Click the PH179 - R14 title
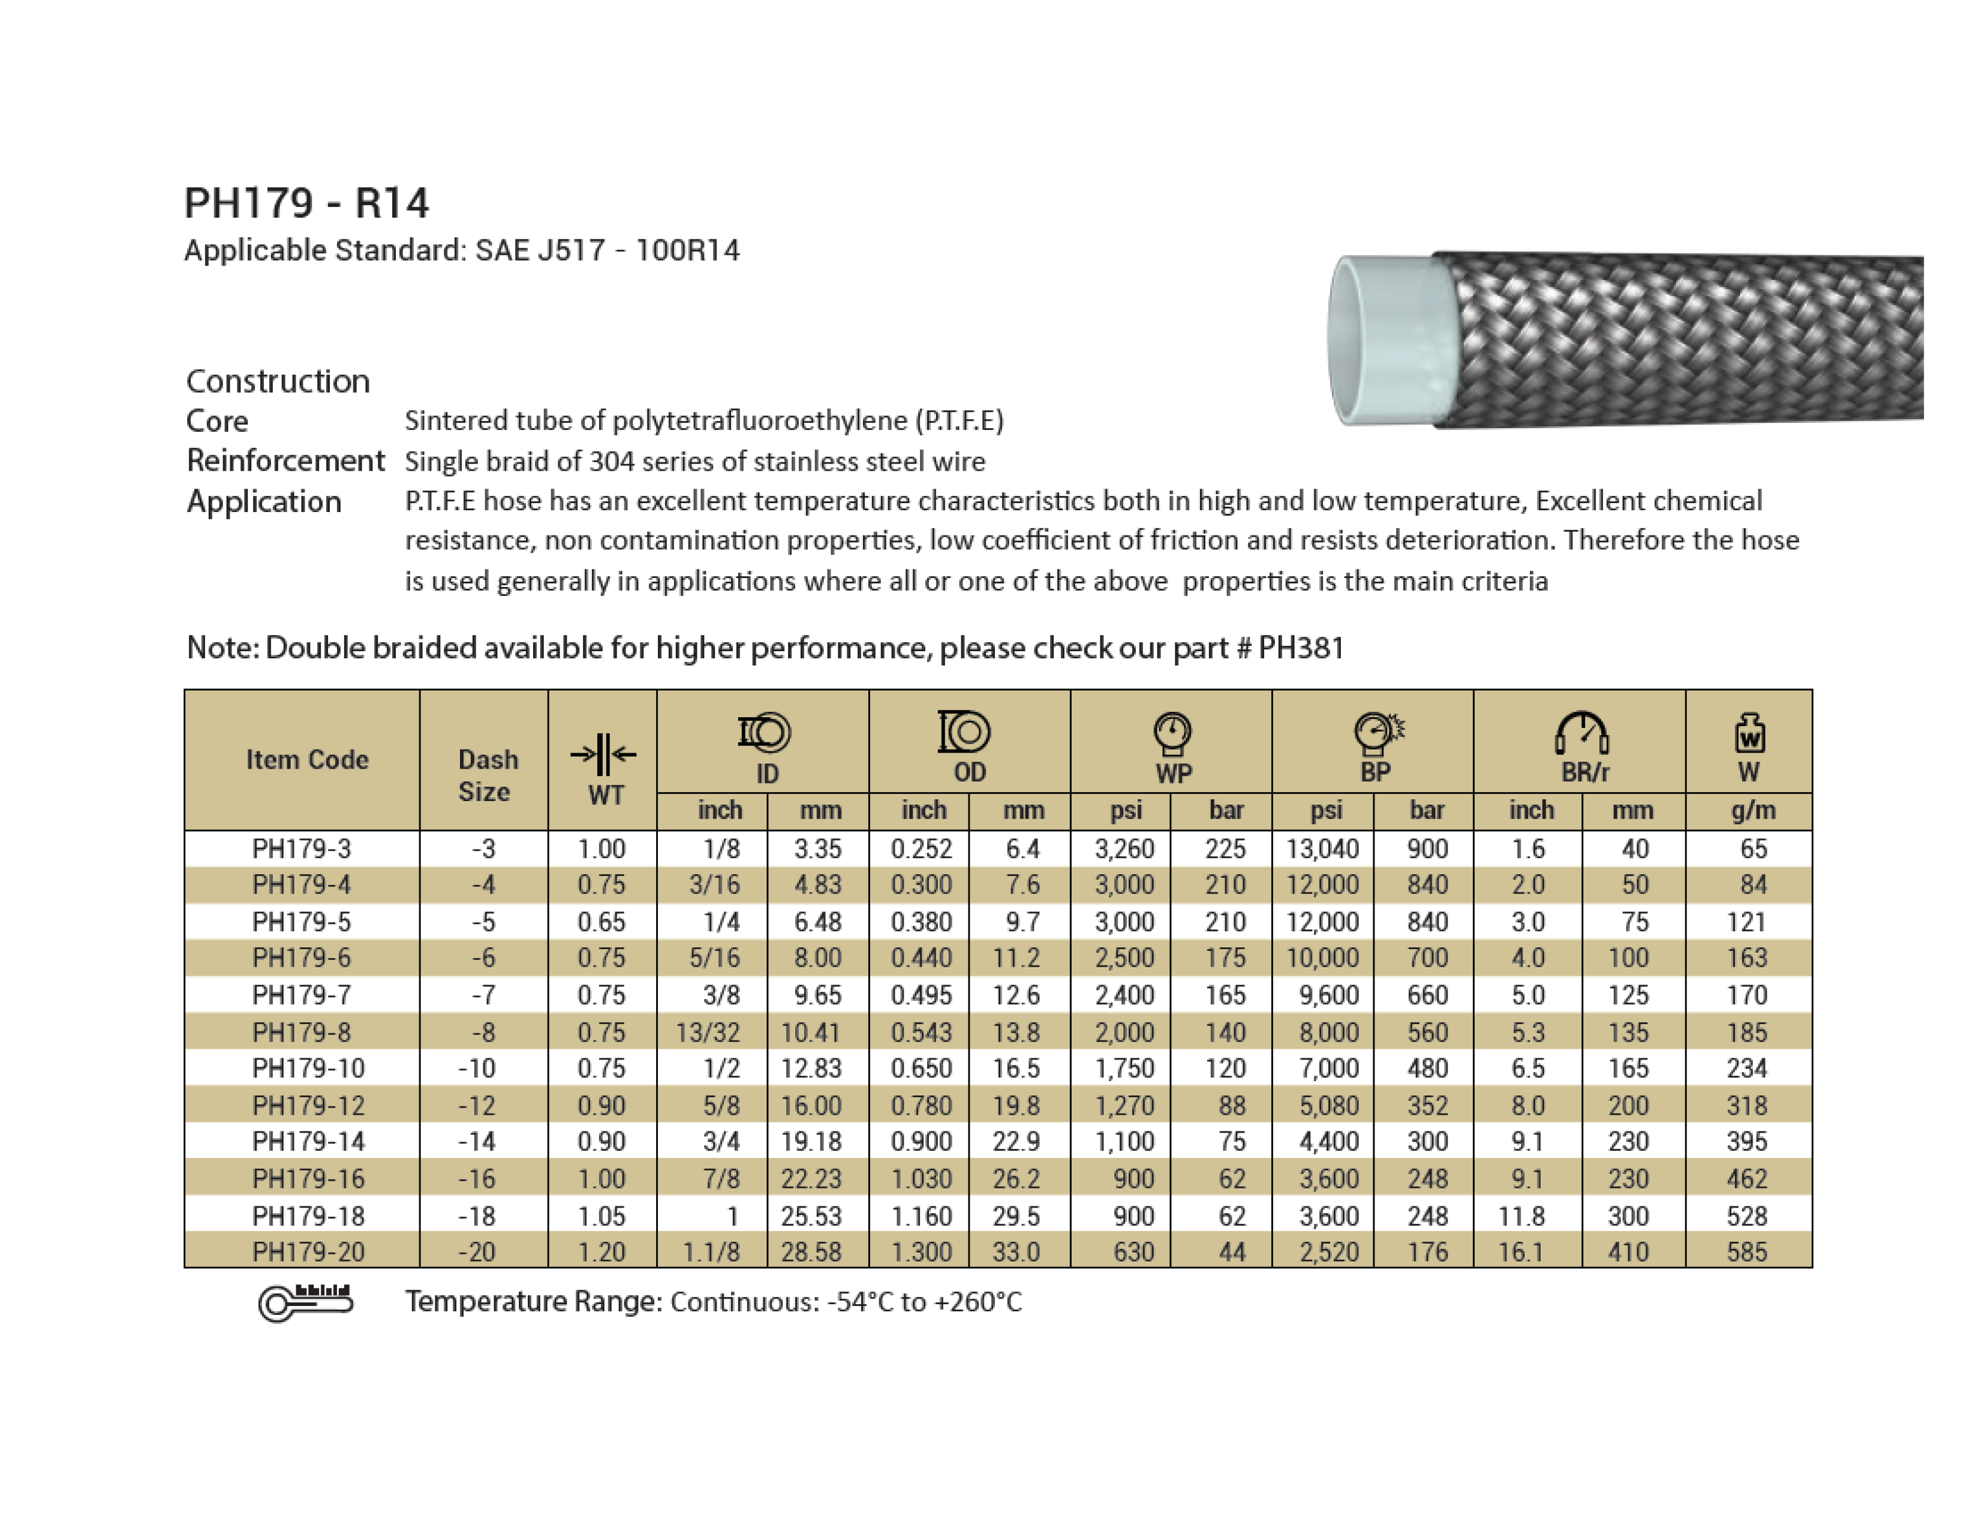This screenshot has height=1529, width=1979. (306, 203)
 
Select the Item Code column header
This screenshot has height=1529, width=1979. (307, 759)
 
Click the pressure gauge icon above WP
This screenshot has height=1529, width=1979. (1172, 733)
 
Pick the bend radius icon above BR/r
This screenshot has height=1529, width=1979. (1582, 733)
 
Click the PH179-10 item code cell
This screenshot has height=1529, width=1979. (308, 1068)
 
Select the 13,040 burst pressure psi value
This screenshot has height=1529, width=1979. (1322, 848)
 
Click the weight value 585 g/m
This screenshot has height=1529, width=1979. (1746, 1252)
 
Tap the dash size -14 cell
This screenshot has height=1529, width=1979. (477, 1141)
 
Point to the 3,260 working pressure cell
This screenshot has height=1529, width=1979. (1124, 848)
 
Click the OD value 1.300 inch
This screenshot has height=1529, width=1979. (921, 1252)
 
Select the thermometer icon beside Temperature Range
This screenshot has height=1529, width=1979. (305, 1302)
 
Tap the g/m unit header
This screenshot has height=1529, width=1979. (1752, 810)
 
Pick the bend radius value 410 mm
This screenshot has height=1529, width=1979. (1628, 1252)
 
